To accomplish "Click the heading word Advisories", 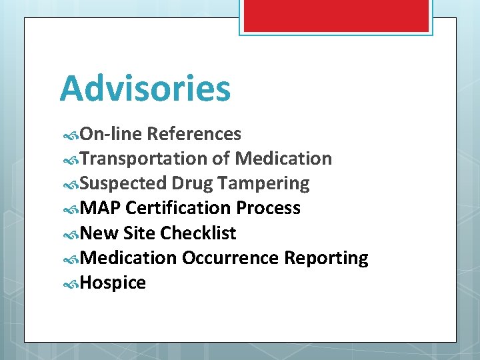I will point(145,89).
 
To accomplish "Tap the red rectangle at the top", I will point(335,15).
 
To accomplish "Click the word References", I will point(193,134).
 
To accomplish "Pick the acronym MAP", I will point(100,208).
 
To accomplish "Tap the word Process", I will point(268,208).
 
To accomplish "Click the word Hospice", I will point(113,283).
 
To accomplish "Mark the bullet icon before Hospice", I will point(71,283).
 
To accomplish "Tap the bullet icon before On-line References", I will point(71,135).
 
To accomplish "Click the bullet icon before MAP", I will point(71,209).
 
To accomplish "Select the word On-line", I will point(110,134).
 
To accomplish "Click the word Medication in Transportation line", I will point(283,159).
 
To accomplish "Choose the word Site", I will point(141,233).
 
